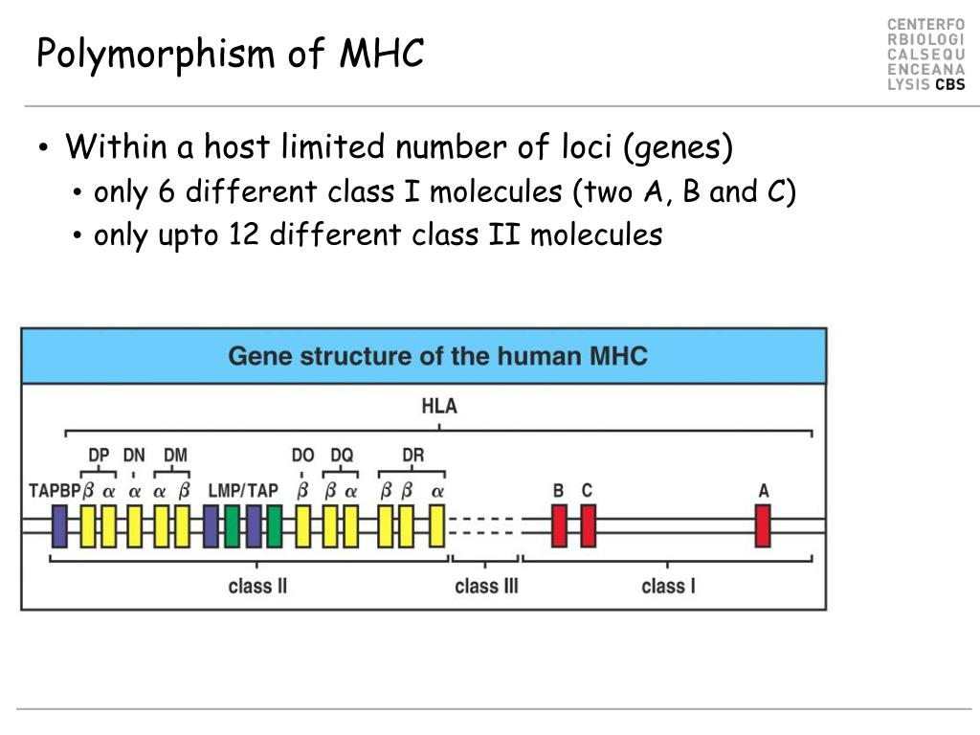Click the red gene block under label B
(559, 525)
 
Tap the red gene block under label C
(588, 525)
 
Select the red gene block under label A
(763, 525)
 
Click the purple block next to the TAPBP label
(59, 525)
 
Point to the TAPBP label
(54, 491)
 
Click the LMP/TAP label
(243, 491)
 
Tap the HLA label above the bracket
(439, 406)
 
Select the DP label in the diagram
(99, 456)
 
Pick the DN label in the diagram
(134, 456)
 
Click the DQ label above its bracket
(342, 456)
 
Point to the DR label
(412, 456)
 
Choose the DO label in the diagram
(302, 456)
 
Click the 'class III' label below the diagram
(486, 586)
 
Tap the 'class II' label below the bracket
(257, 586)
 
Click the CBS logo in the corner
(949, 84)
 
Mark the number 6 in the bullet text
(167, 192)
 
